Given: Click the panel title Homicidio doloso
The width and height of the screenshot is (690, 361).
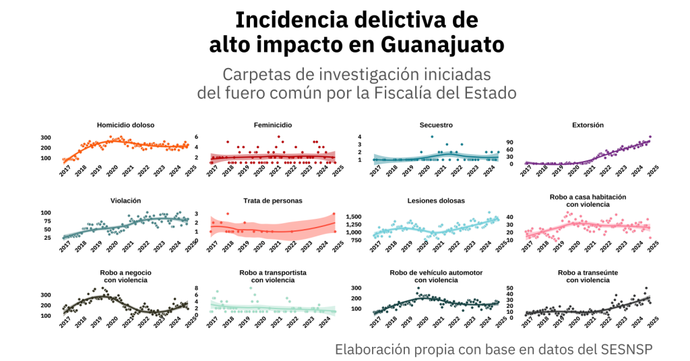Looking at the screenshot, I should (x=125, y=125).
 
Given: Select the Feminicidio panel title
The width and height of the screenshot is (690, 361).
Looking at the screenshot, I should (x=273, y=125).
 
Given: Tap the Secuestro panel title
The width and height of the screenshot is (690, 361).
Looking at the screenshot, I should (x=436, y=125).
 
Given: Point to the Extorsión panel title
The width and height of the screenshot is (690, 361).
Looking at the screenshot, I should (x=588, y=125).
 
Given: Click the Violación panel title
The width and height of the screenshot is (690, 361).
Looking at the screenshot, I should (x=125, y=201).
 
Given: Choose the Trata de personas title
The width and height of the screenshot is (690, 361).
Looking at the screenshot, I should (x=273, y=201).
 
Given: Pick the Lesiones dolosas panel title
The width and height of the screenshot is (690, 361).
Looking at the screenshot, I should (x=436, y=201).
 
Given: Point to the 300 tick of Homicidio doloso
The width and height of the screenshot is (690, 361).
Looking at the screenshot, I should (x=46, y=138).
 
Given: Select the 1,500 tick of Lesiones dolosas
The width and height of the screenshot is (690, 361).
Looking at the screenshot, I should (x=355, y=217).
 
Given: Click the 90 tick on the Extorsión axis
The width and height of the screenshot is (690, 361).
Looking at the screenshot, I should (x=509, y=142).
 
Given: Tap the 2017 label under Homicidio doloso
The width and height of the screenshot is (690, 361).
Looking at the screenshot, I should (x=65, y=172).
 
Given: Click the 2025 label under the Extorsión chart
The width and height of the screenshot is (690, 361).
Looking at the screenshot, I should (x=653, y=172).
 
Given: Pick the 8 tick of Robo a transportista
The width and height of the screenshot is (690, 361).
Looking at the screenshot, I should (x=195, y=288).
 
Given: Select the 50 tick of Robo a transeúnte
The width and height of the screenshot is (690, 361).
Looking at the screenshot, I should (x=509, y=288).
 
